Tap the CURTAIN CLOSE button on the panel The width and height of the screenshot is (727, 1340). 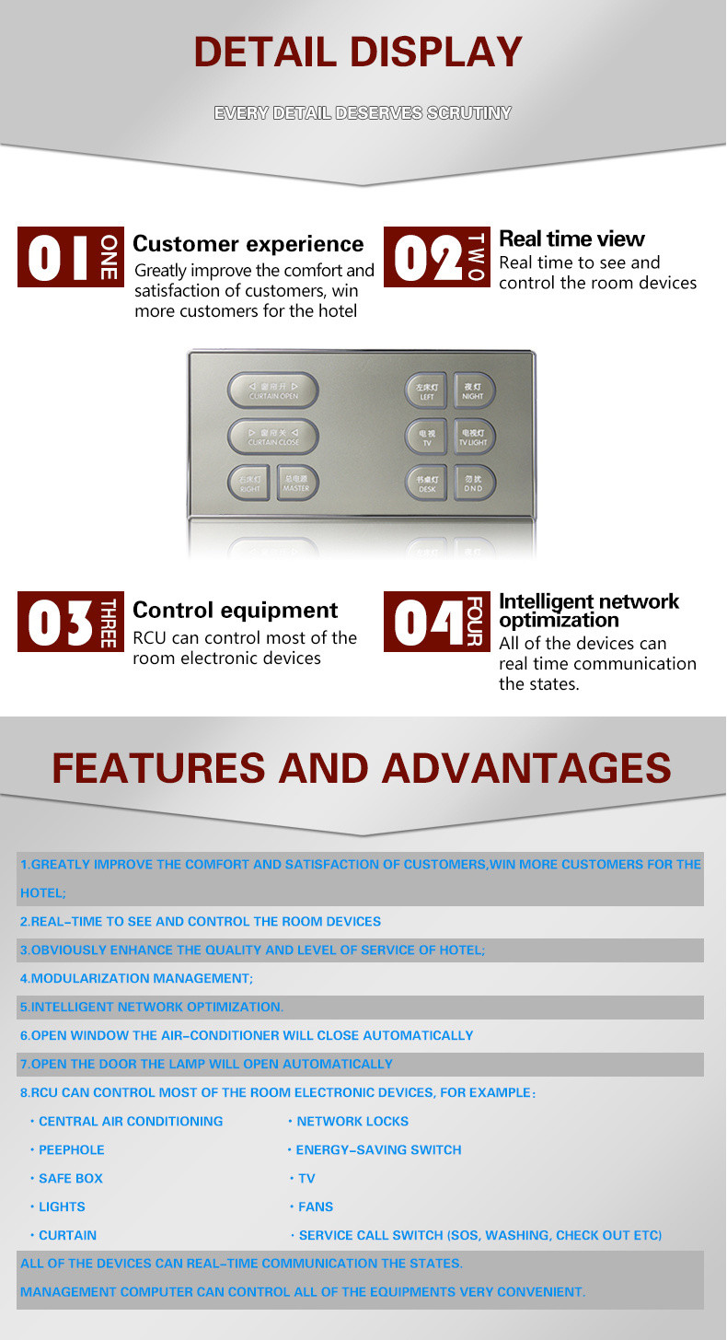pos(273,437)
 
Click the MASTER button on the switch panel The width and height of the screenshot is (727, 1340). pos(296,484)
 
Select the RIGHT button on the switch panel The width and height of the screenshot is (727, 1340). pos(249,484)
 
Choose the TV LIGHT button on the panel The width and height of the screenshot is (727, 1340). pos(474,437)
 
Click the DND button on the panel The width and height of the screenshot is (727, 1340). pos(474,484)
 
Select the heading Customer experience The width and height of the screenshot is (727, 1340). pos(248,244)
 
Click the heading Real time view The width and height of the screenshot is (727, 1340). pos(571,239)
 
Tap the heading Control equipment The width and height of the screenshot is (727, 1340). pos(236,610)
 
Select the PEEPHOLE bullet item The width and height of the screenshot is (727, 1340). pos(71,1149)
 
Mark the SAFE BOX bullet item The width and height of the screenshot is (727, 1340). pos(70,1178)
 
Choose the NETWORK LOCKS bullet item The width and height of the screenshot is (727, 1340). pos(352,1121)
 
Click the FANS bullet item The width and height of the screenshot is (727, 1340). pos(316,1206)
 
